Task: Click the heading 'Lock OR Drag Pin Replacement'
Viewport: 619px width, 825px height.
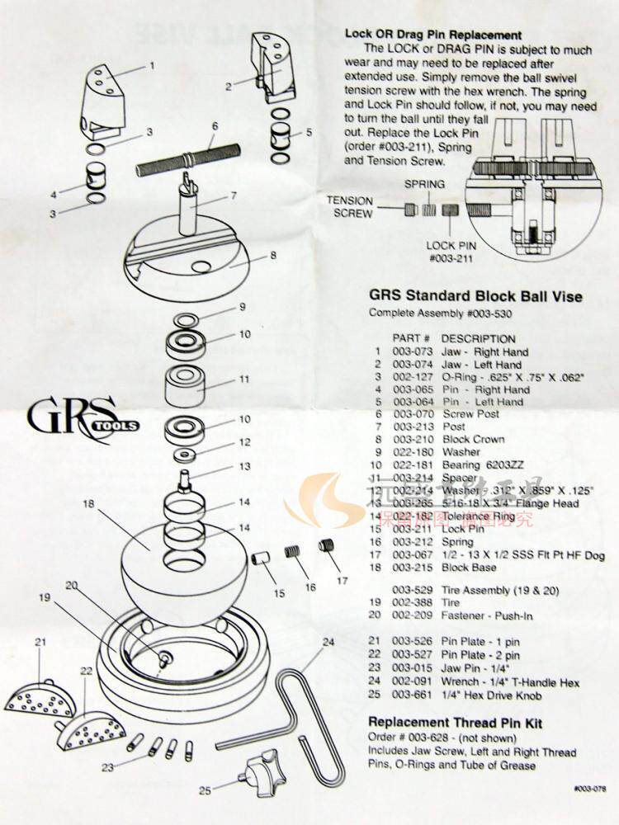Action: (x=432, y=35)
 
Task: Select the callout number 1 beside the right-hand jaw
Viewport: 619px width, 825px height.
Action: (x=151, y=64)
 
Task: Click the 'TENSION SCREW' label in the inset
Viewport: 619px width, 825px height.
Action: (x=348, y=206)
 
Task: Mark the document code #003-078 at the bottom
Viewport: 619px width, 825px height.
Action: (x=589, y=789)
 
